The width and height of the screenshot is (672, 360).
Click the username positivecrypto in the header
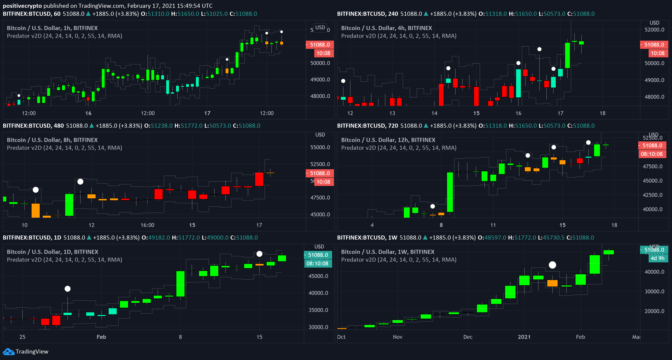22,6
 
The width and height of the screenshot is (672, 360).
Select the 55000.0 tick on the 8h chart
320,147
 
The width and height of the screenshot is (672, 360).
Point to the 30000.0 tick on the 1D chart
318,327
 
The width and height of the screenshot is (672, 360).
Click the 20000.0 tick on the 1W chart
654,311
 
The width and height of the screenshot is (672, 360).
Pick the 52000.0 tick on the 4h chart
654,30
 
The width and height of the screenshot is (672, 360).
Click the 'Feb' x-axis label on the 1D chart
101,337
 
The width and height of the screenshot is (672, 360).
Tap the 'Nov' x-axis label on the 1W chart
397,337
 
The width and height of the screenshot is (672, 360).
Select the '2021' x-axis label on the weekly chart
524,337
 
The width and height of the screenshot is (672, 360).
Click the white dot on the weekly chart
552,265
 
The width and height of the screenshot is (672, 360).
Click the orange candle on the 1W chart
552,283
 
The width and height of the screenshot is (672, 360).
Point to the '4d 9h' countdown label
657,258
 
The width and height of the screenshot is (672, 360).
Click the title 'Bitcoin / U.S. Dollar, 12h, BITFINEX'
388,140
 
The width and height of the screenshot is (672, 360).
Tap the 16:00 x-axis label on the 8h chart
147,225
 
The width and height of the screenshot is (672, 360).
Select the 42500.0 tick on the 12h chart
652,195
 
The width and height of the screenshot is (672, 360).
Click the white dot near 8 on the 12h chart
433,206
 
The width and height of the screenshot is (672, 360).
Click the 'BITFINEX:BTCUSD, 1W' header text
367,238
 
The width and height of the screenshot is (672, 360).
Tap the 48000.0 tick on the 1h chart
320,96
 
